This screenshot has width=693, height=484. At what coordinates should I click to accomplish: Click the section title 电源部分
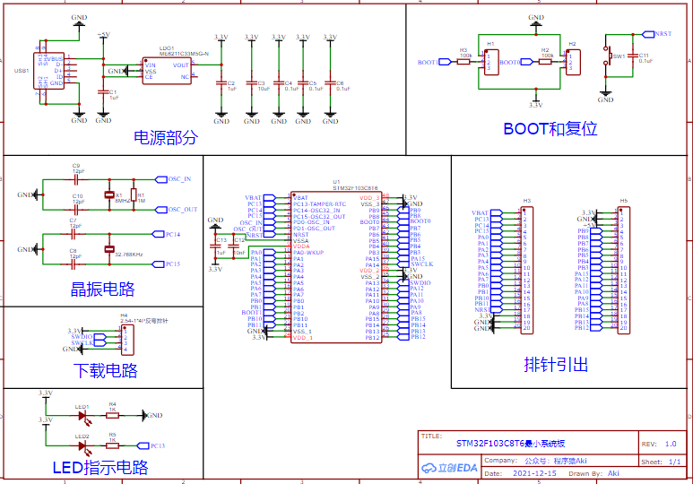[x=165, y=138]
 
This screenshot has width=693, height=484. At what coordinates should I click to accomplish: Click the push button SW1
[x=607, y=57]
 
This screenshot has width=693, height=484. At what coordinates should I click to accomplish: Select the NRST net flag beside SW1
[x=662, y=34]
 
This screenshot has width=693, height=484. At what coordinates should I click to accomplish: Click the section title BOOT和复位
[x=550, y=128]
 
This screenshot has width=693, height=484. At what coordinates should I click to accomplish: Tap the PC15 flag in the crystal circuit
[x=170, y=264]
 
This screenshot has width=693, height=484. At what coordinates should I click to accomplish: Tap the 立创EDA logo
[x=450, y=467]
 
